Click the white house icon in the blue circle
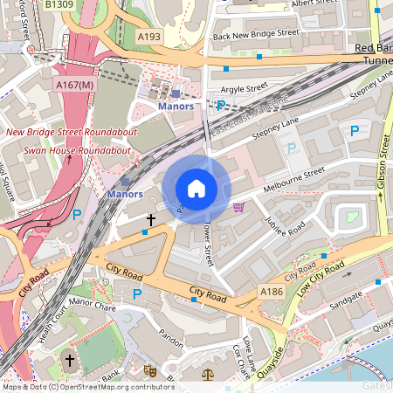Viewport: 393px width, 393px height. (x=196, y=188)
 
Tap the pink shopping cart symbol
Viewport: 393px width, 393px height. (x=239, y=207)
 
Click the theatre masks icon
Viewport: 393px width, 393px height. (x=149, y=371)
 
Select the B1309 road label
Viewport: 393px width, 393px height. (x=60, y=5)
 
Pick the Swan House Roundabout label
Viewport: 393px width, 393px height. (x=77, y=150)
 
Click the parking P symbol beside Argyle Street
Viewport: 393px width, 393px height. (x=221, y=105)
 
